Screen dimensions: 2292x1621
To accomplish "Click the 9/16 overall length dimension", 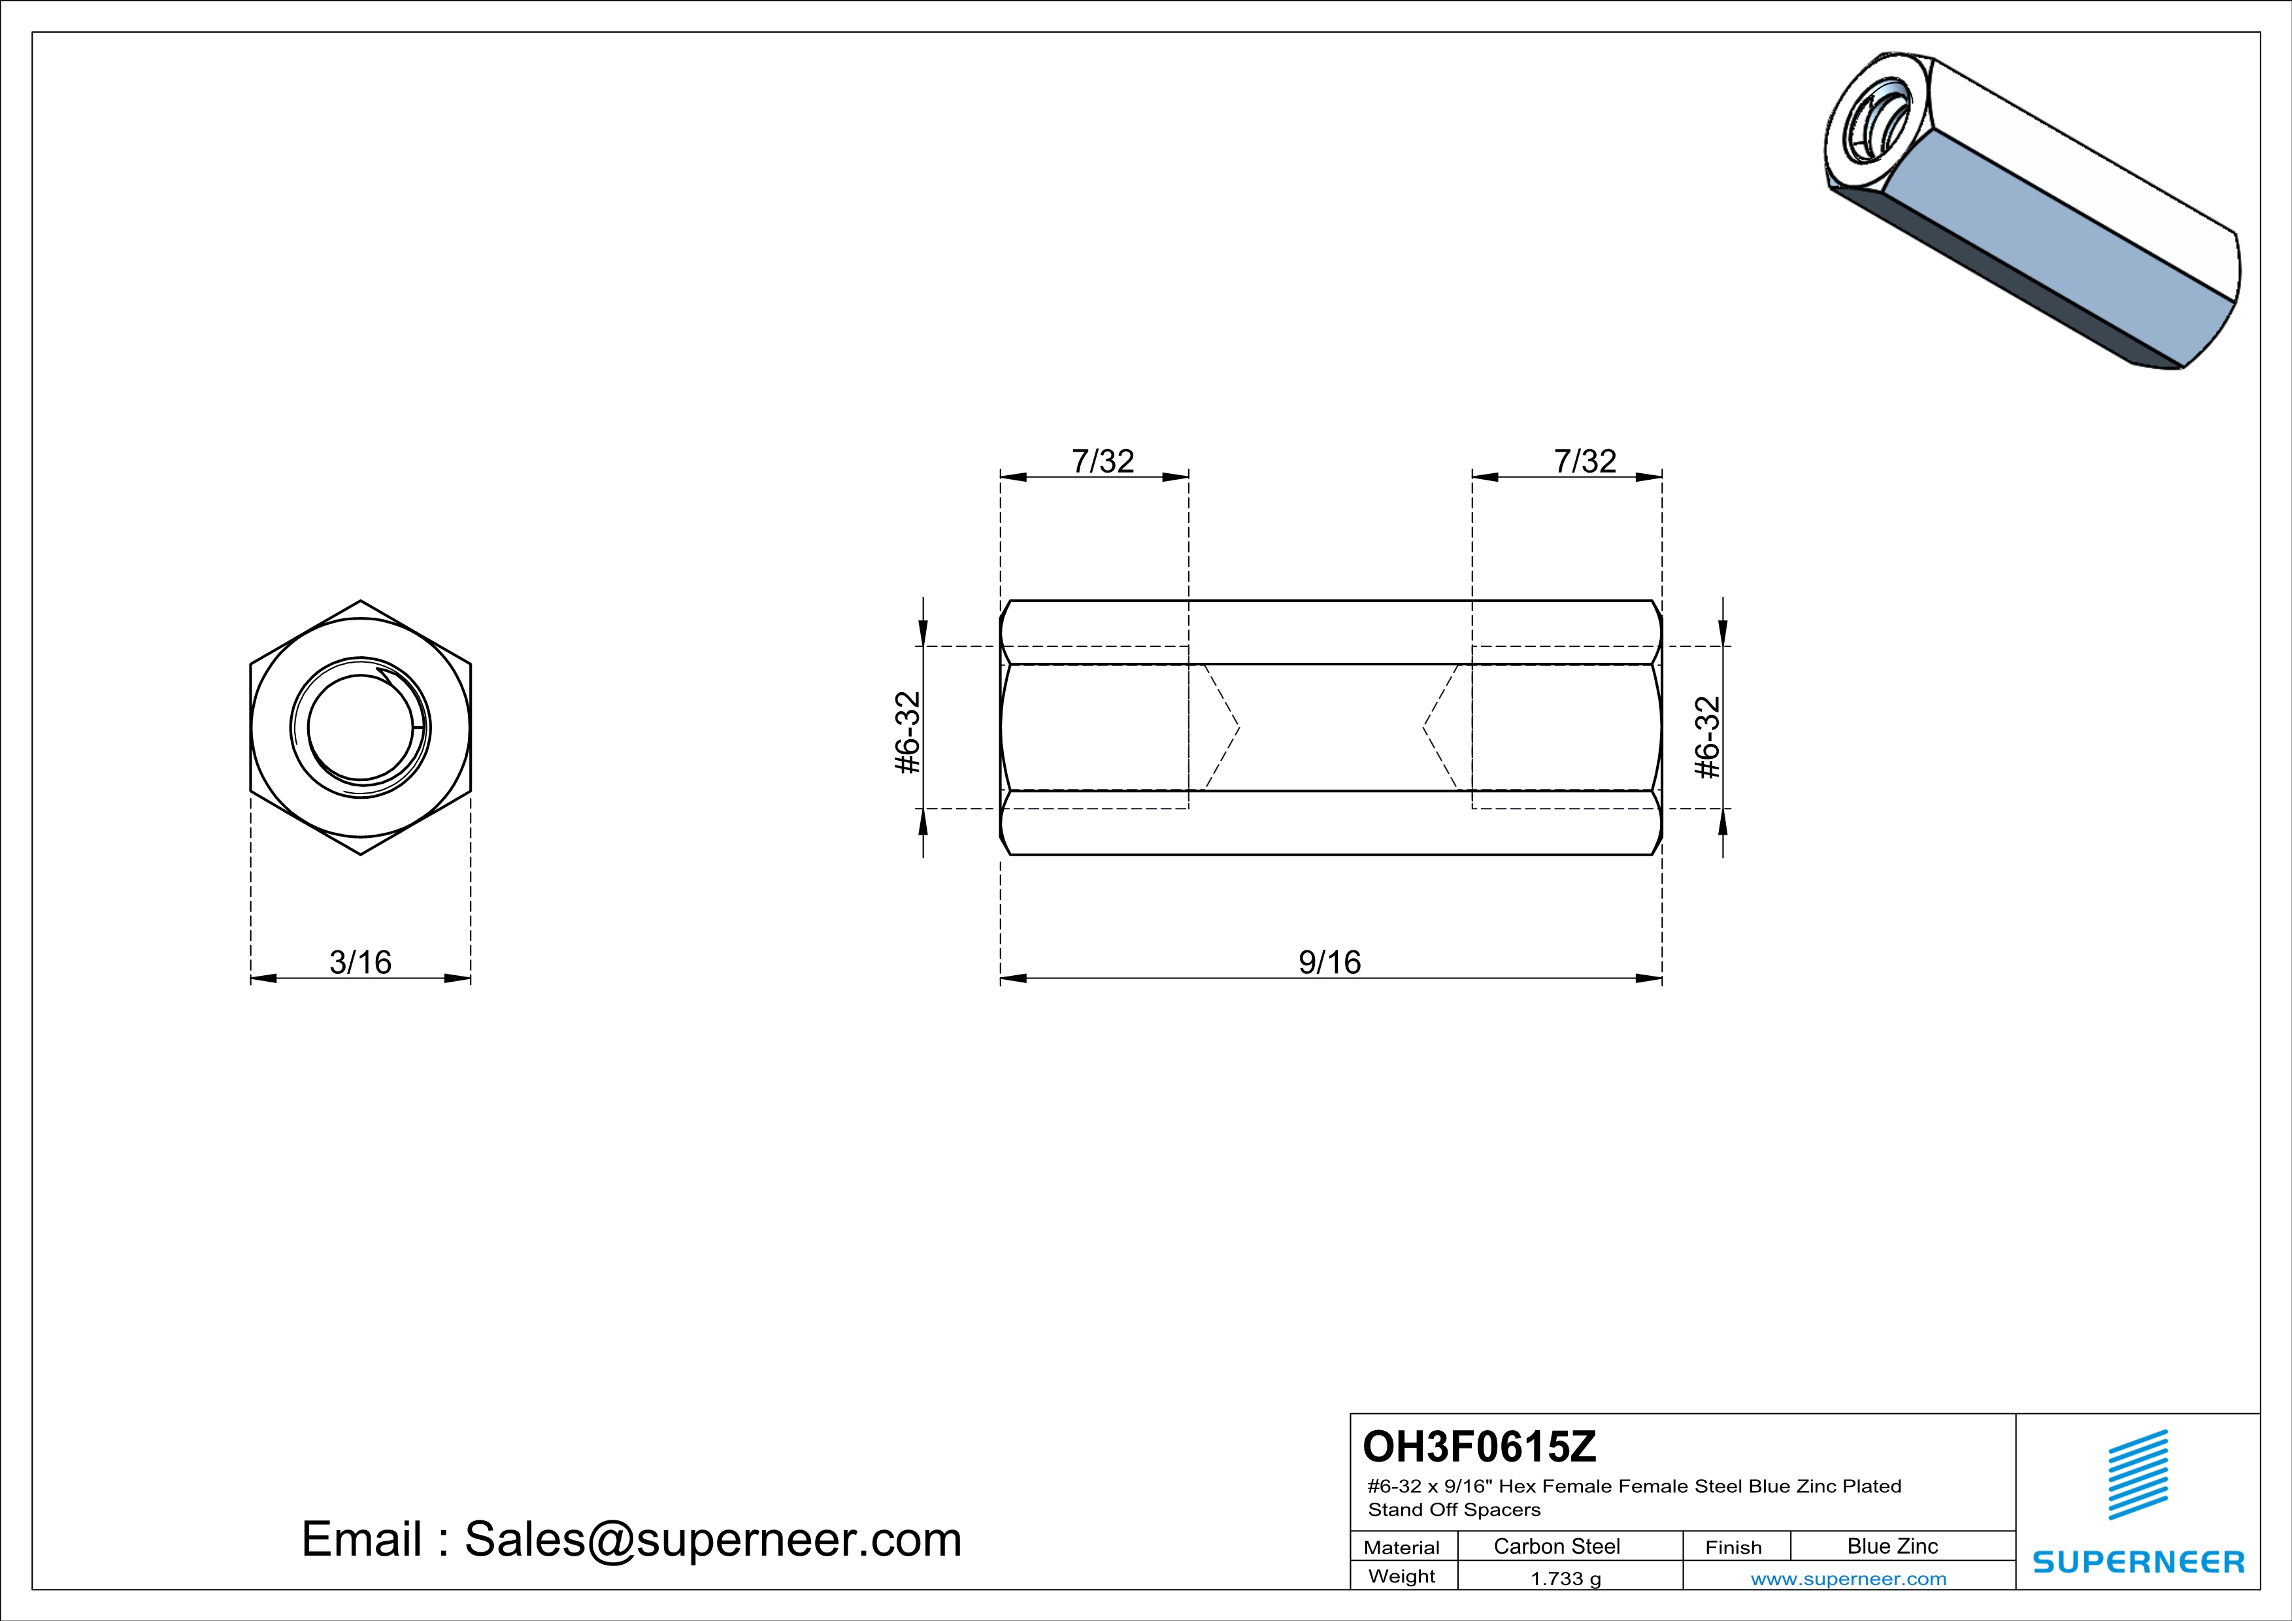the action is click(1330, 962).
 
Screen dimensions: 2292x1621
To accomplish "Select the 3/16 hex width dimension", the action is click(360, 962).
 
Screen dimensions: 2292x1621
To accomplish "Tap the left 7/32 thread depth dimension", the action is click(1103, 461).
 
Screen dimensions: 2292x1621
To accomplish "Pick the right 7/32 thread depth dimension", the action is click(1586, 461).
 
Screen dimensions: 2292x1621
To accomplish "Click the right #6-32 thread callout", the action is click(1708, 737).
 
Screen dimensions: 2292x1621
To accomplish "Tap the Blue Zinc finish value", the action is click(1893, 1546).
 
